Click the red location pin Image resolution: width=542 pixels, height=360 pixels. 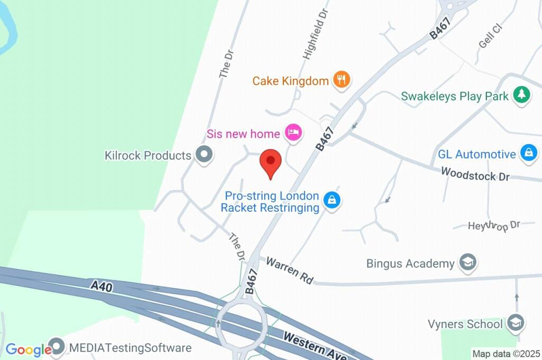[x=270, y=161]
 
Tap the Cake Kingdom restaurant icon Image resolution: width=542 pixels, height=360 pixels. [x=342, y=80]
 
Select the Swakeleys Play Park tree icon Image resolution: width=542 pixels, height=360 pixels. [x=522, y=95]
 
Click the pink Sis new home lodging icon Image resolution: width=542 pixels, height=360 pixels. [x=293, y=132]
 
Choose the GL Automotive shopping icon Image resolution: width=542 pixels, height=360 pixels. [x=528, y=154]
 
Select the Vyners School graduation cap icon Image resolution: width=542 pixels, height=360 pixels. [x=514, y=322]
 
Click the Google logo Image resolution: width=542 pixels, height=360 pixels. [x=28, y=350]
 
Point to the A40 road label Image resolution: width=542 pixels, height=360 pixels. [x=101, y=286]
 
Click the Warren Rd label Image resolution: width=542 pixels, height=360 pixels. [x=290, y=270]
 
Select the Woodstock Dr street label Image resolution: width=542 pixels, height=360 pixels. [x=475, y=174]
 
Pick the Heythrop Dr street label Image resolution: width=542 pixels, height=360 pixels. [x=494, y=226]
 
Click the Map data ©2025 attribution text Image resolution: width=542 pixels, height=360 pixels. [x=506, y=354]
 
